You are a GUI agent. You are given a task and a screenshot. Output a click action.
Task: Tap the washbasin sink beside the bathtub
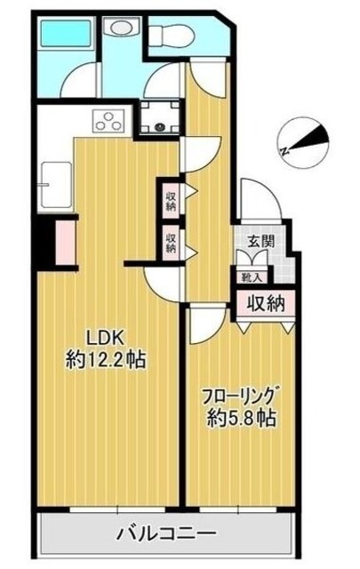pyautogui.click(x=116, y=28)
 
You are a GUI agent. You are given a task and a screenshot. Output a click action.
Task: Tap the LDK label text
pyautogui.click(x=103, y=337)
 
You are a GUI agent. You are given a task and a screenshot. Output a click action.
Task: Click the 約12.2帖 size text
pyautogui.click(x=105, y=360)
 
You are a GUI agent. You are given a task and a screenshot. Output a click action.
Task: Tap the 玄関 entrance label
pyautogui.click(x=261, y=241)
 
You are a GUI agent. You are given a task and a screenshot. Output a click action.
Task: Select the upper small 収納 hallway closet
pyautogui.click(x=170, y=196)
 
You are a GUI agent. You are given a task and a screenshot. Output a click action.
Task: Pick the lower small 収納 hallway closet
pyautogui.click(x=170, y=242)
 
